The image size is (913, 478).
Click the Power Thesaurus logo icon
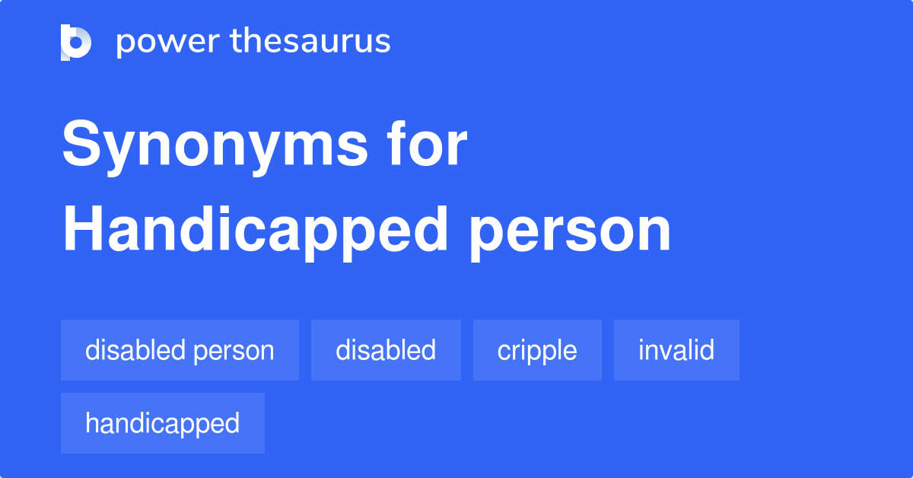click(x=76, y=42)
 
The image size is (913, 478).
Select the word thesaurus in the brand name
click(x=310, y=42)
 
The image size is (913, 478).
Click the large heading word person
click(x=570, y=233)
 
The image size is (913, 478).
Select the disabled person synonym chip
click(x=180, y=350)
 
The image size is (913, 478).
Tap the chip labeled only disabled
click(x=386, y=350)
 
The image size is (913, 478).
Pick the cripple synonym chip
click(x=537, y=350)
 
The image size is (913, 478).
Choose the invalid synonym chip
click(x=676, y=350)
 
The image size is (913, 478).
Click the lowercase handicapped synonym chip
click(x=162, y=423)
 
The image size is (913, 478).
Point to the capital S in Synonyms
click(x=81, y=146)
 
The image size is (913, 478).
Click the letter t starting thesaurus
click(x=236, y=42)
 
